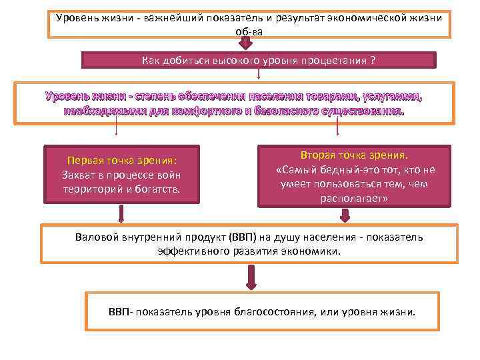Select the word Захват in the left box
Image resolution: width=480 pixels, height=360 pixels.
pos(77,174)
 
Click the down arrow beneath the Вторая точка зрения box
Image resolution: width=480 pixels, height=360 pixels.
pos(345,215)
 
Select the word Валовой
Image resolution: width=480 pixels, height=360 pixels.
pos(97,237)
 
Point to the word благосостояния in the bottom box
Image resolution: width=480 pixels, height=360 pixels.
pos(276,311)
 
